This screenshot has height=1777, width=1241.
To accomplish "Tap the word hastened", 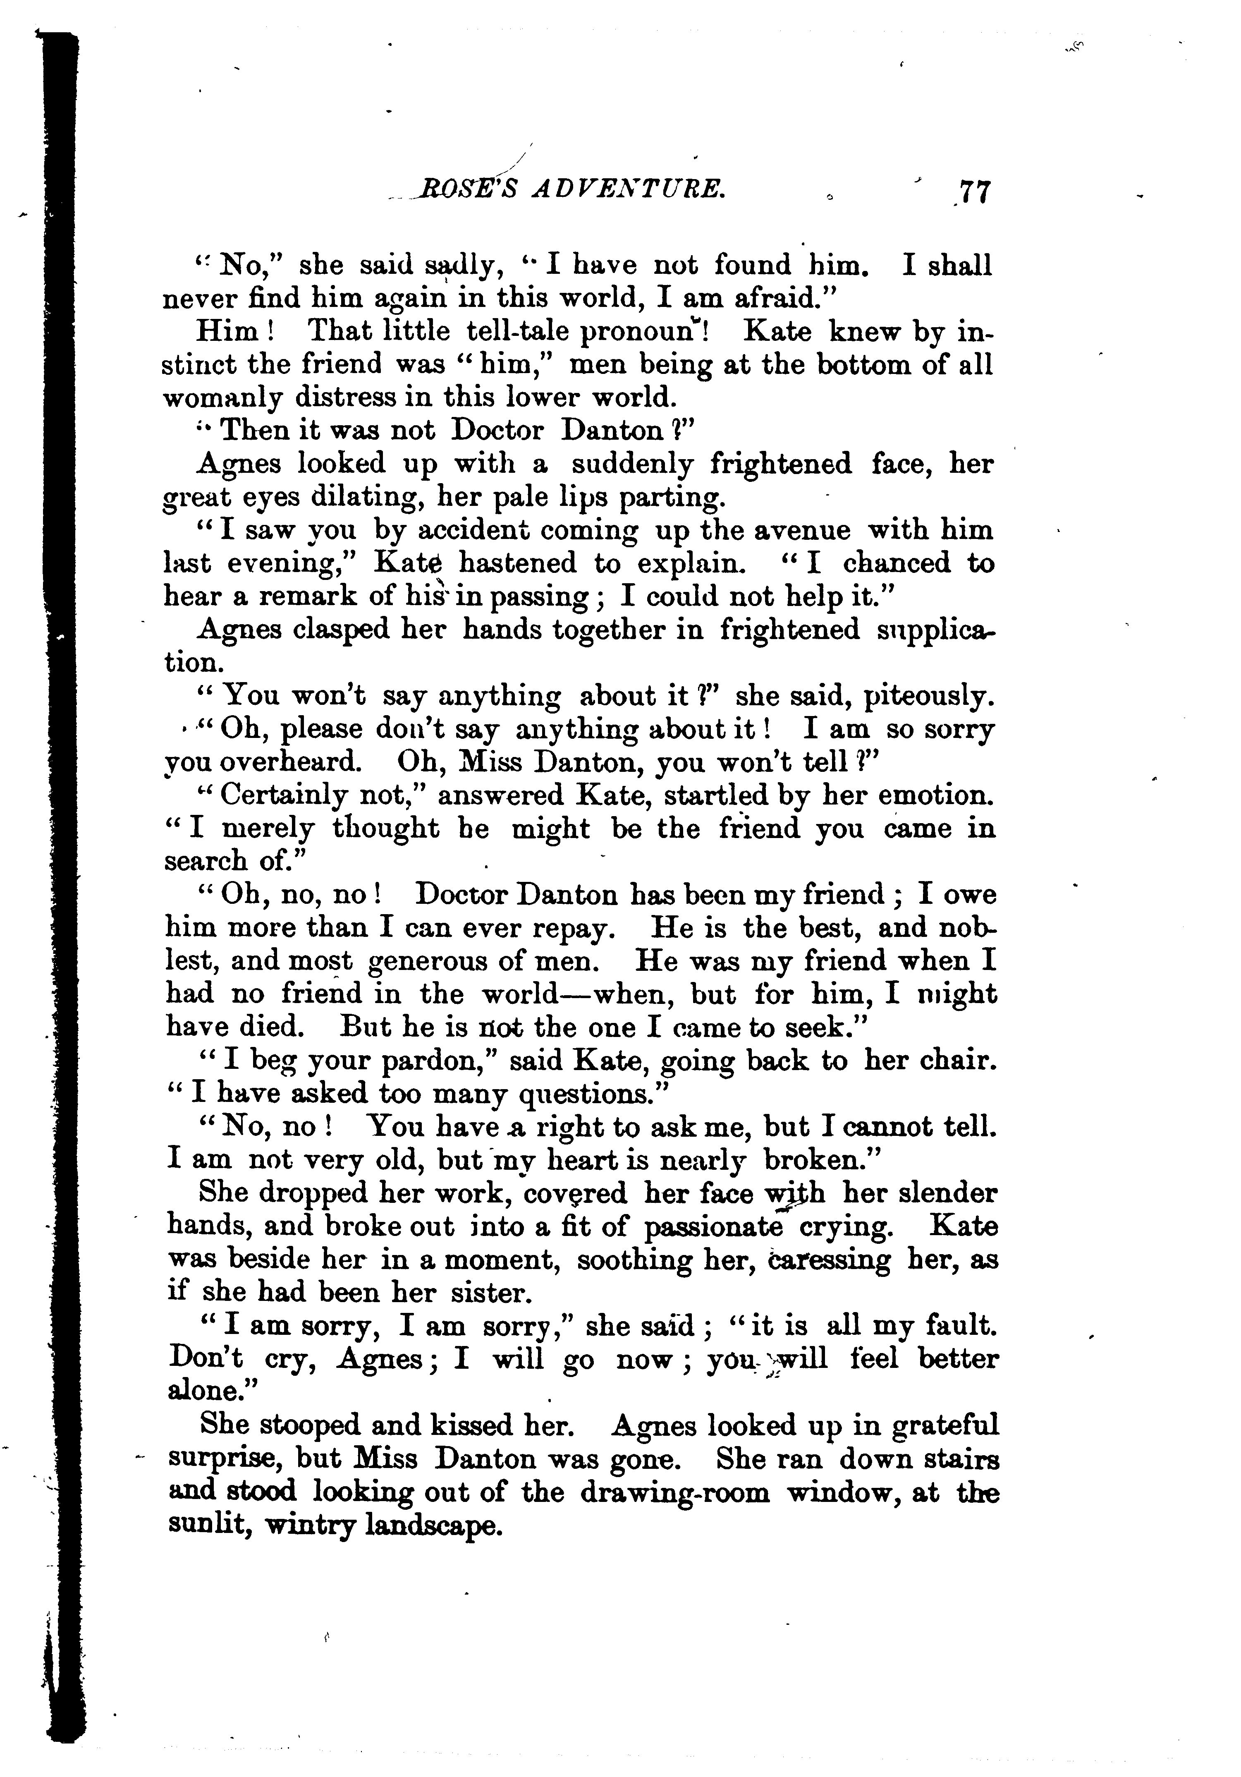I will (519, 563).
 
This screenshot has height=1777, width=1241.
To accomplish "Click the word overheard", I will (291, 763).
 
